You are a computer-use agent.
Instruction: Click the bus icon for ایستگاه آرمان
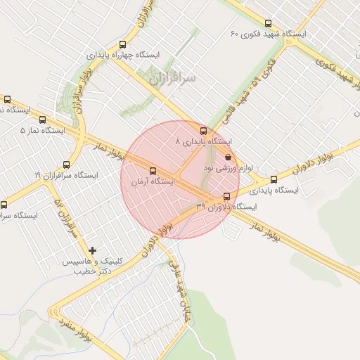pos(153,170)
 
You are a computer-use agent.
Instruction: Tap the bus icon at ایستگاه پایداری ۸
pos(204,131)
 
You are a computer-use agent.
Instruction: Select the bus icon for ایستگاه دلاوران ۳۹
pos(226,196)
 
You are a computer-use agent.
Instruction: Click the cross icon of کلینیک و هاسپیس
pos(92,250)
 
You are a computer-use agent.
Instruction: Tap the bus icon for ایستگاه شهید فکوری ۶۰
pos(269,23)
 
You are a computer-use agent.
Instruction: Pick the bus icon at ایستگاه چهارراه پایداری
pos(123,44)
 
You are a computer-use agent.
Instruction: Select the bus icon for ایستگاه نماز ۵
pos(43,120)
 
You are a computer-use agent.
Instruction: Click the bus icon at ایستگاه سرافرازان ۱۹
pos(67,164)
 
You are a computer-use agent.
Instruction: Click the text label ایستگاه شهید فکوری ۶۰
pos(269,34)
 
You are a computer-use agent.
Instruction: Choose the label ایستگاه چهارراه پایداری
pos(124,54)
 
